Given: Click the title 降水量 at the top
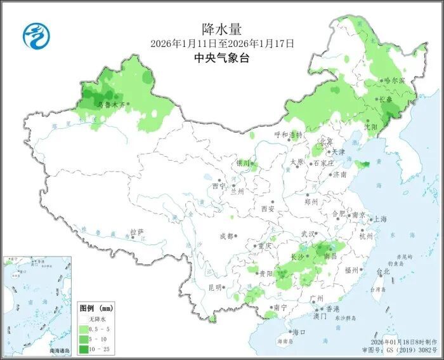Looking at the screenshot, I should coord(222,29).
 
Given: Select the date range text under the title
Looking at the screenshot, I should coord(222,44).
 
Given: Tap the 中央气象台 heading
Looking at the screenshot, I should coord(222,58).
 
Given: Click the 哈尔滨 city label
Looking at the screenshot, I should coord(395,81).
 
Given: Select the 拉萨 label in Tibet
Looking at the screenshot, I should coord(136,232).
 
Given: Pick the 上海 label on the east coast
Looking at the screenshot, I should coord(381,218).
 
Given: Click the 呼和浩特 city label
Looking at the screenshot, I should coord(289,135).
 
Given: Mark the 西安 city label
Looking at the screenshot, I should coord(267,209).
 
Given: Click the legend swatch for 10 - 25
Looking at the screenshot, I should coord(84,349).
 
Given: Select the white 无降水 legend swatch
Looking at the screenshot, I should coord(84,318).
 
